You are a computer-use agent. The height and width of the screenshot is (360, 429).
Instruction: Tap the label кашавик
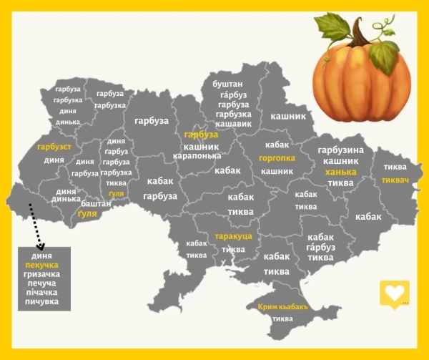(x=233, y=124)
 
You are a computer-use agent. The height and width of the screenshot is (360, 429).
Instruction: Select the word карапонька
(x=197, y=155)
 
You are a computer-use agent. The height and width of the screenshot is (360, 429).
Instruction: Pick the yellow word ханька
(x=340, y=172)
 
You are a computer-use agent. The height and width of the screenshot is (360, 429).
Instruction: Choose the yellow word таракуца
(x=233, y=236)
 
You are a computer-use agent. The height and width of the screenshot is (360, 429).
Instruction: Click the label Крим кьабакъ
(x=282, y=307)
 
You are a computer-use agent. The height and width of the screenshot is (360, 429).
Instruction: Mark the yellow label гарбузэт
(x=54, y=147)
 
